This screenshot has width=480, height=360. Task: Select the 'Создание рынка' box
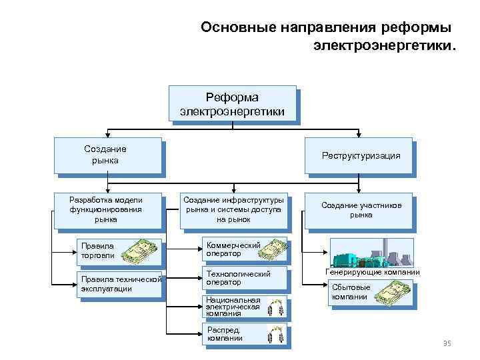pyautogui.click(x=108, y=155)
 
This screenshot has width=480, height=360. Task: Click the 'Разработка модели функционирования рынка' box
pyautogui.click(x=108, y=210)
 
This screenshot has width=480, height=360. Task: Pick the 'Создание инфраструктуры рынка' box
pyautogui.click(x=233, y=210)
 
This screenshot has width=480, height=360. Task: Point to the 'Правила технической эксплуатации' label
pyautogui.click(x=119, y=283)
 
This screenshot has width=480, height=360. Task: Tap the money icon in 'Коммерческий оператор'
pyautogui.click(x=272, y=251)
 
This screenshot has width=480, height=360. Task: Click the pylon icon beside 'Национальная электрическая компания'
pyautogui.click(x=275, y=307)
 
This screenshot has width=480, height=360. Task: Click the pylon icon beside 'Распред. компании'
pyautogui.click(x=275, y=334)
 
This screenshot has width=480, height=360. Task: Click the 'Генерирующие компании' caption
pyautogui.click(x=372, y=272)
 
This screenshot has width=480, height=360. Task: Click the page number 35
pyautogui.click(x=447, y=343)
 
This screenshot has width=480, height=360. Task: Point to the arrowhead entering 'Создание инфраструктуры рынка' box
pyautogui.click(x=233, y=190)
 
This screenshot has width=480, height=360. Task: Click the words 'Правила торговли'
pyautogui.click(x=97, y=251)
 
